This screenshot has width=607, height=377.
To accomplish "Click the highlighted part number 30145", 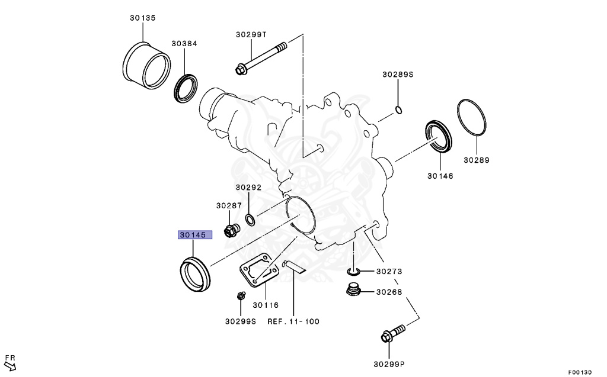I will click(193, 235).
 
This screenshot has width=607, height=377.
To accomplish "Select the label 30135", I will click(143, 18).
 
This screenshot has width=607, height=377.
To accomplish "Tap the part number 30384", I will click(184, 44).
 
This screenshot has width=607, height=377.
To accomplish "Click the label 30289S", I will click(397, 75).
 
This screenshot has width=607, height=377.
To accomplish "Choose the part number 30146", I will click(440, 176).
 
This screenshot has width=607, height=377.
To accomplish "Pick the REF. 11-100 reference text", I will click(293, 322).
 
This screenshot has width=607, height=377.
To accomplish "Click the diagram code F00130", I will click(580, 372).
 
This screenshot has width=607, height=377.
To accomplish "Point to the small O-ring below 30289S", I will click(399, 109).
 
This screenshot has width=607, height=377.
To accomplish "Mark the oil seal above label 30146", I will click(439, 137).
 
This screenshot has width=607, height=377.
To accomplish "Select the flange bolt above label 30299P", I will click(394, 333).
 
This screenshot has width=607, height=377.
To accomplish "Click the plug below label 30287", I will click(230, 230).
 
